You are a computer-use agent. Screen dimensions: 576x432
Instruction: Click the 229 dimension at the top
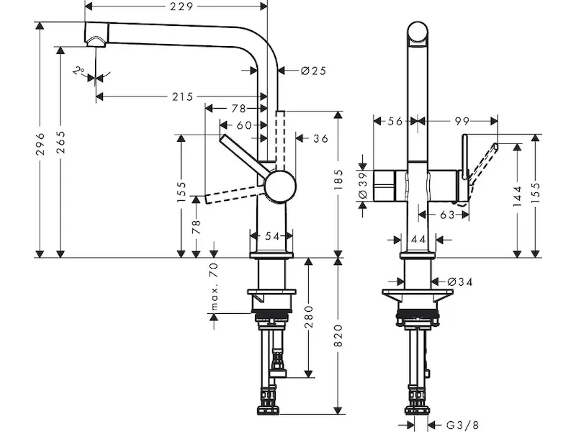[181, 6]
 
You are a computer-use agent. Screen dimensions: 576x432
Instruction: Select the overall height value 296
[40, 144]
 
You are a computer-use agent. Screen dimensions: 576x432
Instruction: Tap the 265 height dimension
[60, 142]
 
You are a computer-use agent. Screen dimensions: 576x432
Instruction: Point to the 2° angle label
[78, 70]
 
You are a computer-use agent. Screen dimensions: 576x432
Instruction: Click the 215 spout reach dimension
[183, 96]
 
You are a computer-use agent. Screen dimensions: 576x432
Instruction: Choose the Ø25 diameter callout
[313, 70]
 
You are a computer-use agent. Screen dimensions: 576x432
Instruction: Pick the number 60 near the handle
[244, 125]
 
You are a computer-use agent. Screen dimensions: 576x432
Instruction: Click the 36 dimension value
[320, 138]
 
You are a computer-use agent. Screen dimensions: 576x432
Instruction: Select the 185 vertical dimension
[338, 179]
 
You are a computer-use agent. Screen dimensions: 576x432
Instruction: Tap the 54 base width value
[272, 236]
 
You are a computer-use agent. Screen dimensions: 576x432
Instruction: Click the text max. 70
[215, 287]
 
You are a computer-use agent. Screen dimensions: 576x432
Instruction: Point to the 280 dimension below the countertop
[309, 317]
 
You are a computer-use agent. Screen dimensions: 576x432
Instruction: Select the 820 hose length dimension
[338, 335]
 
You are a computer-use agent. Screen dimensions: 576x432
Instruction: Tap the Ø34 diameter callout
[460, 282]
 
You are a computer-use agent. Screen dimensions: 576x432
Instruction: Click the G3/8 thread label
[462, 426]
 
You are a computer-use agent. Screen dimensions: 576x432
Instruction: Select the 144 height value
[517, 196]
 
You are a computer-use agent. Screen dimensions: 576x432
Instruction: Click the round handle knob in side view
[280, 186]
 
